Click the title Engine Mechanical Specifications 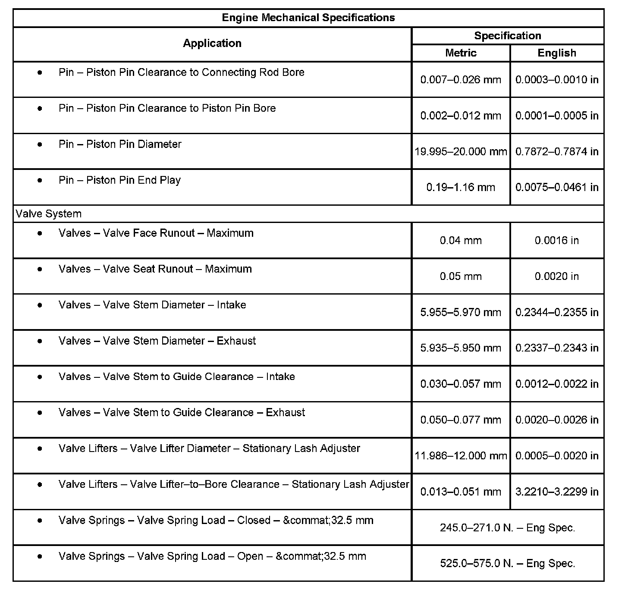click(308, 18)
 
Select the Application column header click(212, 43)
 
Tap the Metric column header click(461, 53)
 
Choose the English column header click(556, 53)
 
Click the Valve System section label click(48, 214)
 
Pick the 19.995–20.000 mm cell click(461, 151)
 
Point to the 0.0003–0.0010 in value click(556, 80)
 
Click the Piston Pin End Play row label click(119, 180)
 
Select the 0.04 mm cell click(461, 241)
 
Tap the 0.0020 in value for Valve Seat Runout click(556, 276)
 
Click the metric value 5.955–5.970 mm click(461, 312)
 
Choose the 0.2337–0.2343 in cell click(556, 348)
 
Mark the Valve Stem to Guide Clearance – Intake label click(176, 377)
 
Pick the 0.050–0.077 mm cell click(461, 420)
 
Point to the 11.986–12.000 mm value click(461, 456)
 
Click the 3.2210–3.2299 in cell click(556, 492)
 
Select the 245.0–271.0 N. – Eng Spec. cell click(507, 527)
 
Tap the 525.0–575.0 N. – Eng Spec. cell click(507, 563)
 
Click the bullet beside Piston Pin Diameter click(40, 144)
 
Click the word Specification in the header click(507, 36)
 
